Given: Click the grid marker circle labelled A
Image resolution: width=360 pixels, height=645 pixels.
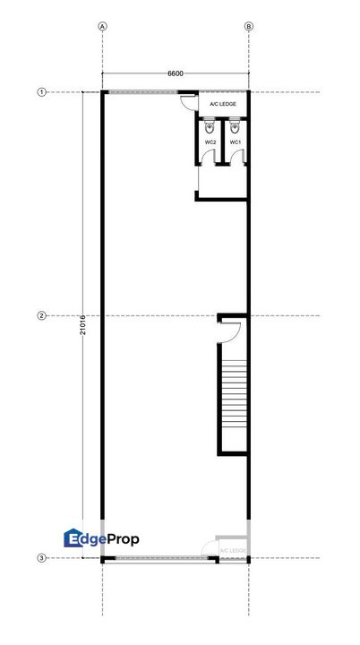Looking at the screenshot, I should click(103, 27).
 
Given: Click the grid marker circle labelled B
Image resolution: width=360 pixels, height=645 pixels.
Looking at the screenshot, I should click(249, 27).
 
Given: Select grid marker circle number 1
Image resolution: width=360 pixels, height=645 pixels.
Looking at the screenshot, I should click(41, 92).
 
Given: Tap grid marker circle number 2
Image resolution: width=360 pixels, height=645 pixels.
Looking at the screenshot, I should click(41, 315).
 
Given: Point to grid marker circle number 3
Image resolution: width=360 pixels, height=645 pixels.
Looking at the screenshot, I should click(41, 558).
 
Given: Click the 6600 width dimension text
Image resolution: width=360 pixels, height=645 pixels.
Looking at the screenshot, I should click(176, 73).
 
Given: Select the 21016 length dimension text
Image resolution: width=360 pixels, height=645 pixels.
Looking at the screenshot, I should click(83, 323).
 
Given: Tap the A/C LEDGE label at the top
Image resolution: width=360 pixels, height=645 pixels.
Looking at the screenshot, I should click(222, 104).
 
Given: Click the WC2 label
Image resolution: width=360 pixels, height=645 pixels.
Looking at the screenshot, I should click(210, 142).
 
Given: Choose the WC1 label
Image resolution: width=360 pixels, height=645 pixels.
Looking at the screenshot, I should click(236, 142).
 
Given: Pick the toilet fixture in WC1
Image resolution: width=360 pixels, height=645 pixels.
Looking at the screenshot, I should click(235, 127).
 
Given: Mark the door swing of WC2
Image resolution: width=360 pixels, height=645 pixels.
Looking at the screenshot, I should click(208, 158).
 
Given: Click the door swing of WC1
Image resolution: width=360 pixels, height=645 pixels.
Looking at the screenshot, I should click(234, 158).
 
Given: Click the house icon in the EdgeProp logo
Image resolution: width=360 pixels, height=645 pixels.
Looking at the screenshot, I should click(74, 537).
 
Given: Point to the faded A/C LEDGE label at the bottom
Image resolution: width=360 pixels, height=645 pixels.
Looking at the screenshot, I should click(232, 549).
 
